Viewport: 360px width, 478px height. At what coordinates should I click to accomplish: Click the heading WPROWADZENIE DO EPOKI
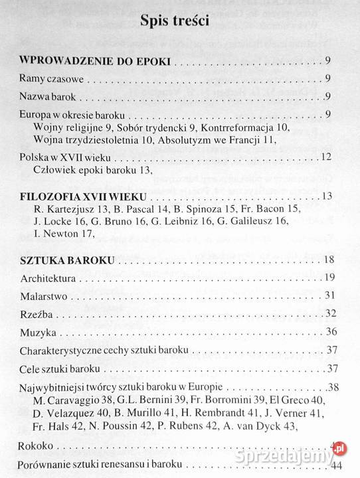pos(96,62)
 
